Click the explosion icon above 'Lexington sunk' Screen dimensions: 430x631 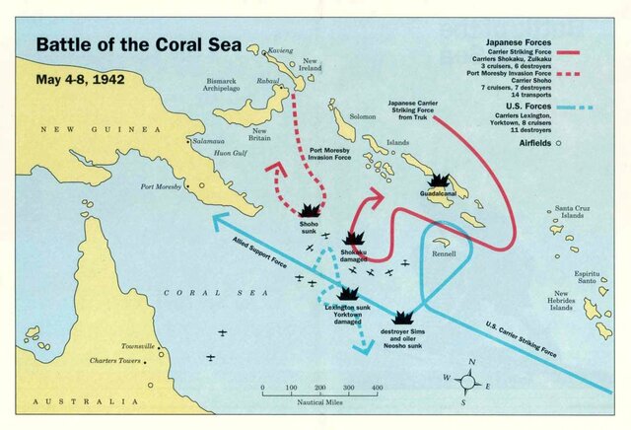pos(347,293)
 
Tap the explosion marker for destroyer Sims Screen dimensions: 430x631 pos(402,318)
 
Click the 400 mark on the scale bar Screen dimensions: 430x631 pos(377,390)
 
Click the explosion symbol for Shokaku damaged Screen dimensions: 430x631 pos(355,240)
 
